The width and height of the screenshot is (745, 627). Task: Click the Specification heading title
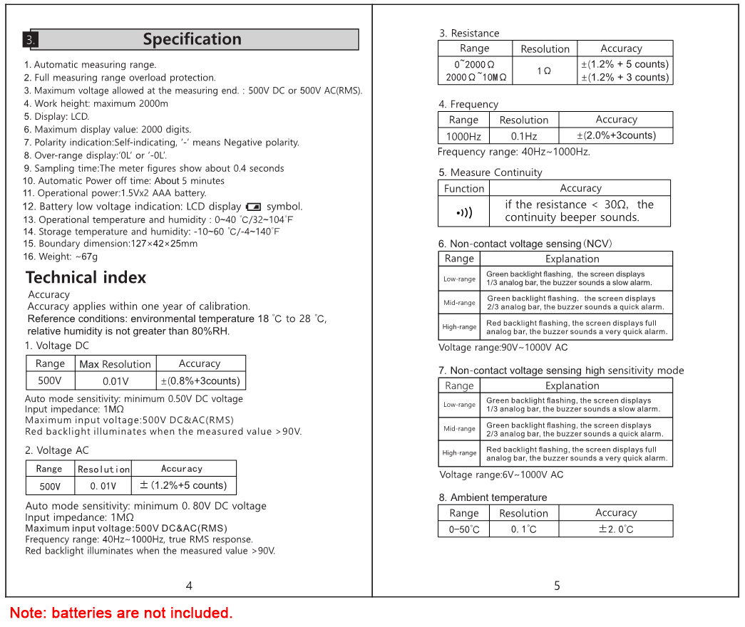click(x=192, y=39)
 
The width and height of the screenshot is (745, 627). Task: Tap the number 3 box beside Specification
click(x=30, y=40)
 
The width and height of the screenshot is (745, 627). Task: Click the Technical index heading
click(x=86, y=278)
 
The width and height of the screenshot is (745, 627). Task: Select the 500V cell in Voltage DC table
click(x=50, y=380)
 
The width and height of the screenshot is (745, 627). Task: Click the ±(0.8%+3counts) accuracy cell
click(x=200, y=380)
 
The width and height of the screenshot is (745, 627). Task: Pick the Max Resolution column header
click(x=115, y=364)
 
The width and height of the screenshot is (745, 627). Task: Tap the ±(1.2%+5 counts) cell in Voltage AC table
click(x=183, y=485)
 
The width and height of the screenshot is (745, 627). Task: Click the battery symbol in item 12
click(x=253, y=207)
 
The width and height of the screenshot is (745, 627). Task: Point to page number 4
click(x=189, y=586)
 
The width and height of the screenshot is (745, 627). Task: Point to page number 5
click(x=557, y=586)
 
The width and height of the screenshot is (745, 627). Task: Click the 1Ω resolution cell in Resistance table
click(x=544, y=71)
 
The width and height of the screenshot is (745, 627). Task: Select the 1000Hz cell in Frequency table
click(x=463, y=136)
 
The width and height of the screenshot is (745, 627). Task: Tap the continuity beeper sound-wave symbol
click(x=463, y=212)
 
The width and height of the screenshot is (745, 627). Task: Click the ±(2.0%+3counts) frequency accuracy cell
click(x=616, y=135)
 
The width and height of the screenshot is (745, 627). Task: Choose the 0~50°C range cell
click(x=464, y=529)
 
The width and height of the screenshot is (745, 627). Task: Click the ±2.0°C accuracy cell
click(x=616, y=529)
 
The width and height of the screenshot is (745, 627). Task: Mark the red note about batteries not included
click(x=121, y=613)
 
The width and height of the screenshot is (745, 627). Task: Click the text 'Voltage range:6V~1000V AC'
click(x=501, y=475)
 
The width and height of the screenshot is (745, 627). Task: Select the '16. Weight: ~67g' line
click(x=61, y=256)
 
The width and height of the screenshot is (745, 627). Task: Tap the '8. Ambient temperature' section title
click(x=493, y=497)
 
